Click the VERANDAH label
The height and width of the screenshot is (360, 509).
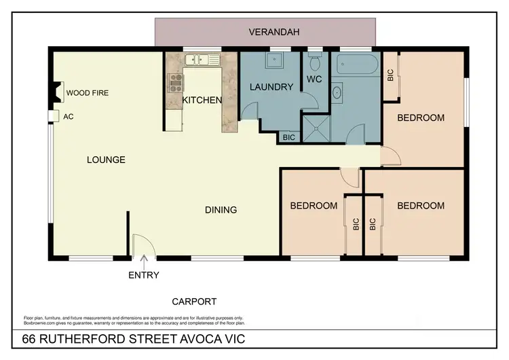pos(265,32)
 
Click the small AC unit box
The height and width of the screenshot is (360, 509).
pos(54,116)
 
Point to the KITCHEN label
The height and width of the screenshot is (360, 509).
pos(202,100)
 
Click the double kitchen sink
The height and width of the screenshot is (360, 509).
pos(202,60)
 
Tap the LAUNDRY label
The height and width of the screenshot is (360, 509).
pos(271,86)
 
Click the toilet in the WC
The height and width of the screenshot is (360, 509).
pos(314,64)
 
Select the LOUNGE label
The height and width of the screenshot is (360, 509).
pos(106,160)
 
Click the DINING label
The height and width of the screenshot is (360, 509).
pos(221,209)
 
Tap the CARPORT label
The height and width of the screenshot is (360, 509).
pos(194,301)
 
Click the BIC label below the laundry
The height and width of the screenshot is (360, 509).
pos(289,137)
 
